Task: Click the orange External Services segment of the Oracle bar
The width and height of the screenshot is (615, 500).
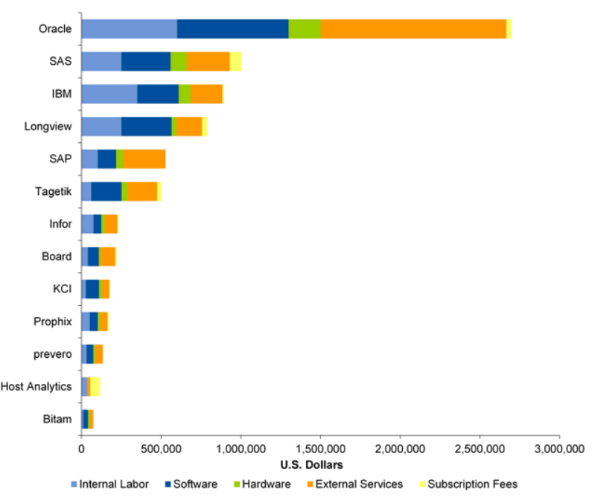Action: pyautogui.click(x=412, y=29)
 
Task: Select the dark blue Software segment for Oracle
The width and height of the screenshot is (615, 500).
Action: pyautogui.click(x=232, y=29)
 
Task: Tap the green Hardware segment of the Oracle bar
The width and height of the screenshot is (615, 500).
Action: pyautogui.click(x=304, y=29)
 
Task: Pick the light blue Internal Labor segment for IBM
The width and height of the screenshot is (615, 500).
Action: pyautogui.click(x=109, y=94)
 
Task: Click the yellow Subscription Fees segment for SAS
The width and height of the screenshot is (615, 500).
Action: pyautogui.click(x=235, y=62)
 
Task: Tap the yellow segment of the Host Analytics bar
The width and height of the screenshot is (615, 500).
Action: pyautogui.click(x=95, y=387)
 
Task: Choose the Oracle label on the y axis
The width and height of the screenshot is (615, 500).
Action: pyautogui.click(x=55, y=29)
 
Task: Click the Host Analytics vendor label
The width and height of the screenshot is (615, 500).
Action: pyautogui.click(x=36, y=387)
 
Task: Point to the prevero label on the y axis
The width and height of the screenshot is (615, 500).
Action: pyautogui.click(x=52, y=354)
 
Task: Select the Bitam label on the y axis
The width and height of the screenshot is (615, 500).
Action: pyautogui.click(x=57, y=420)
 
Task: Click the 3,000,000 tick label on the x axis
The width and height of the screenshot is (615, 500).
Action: pyautogui.click(x=558, y=449)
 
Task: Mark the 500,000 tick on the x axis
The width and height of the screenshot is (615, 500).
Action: pyautogui.click(x=161, y=449)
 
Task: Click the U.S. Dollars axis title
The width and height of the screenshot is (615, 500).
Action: pyautogui.click(x=312, y=465)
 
